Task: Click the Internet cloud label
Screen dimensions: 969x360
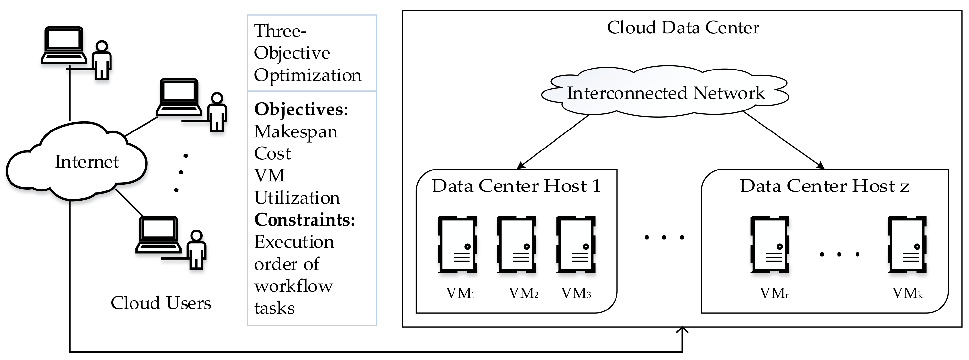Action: click(x=87, y=162)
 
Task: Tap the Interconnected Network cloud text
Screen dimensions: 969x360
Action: click(x=666, y=93)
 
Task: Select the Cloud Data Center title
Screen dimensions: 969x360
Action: click(x=683, y=28)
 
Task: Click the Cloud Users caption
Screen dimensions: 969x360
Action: click(x=161, y=303)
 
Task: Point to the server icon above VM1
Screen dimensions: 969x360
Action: click(x=457, y=245)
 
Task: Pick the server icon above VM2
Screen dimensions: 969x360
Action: click(x=516, y=245)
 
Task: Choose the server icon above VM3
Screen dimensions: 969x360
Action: click(x=576, y=245)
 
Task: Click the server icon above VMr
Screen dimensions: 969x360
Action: click(x=770, y=245)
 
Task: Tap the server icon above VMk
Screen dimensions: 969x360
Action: click(x=907, y=245)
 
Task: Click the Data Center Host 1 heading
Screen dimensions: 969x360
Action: click(x=516, y=186)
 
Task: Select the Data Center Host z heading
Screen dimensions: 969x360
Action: click(x=825, y=186)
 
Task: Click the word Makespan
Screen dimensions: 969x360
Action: click(x=296, y=132)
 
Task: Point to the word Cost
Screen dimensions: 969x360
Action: click(x=273, y=153)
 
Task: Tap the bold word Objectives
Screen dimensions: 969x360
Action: click(x=299, y=110)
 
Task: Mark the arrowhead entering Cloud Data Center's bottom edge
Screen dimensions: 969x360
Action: click(x=682, y=330)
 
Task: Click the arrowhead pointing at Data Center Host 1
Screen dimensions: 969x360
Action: click(x=521, y=165)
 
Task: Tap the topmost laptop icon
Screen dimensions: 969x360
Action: click(x=64, y=45)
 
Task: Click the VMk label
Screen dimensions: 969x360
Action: click(x=907, y=293)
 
